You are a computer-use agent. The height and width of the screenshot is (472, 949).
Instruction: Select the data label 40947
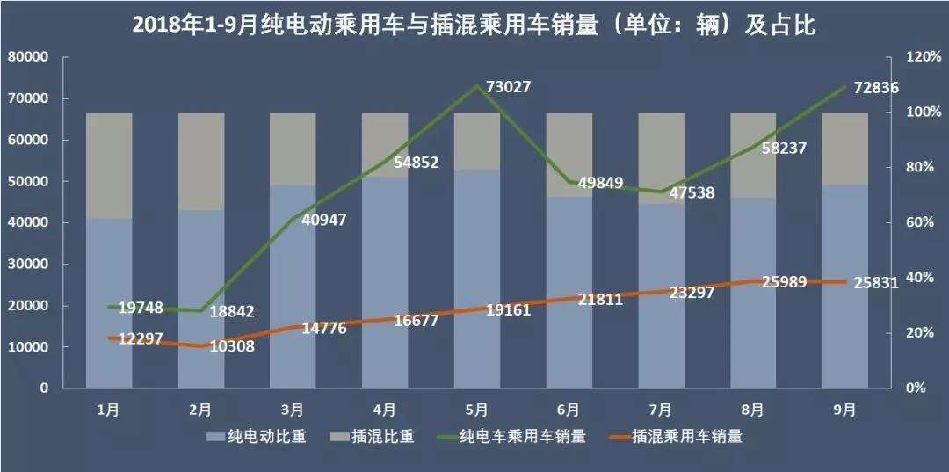click(323, 219)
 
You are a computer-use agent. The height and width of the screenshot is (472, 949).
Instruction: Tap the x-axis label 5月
click(477, 409)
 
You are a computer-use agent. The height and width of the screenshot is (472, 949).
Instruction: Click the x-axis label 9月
click(845, 409)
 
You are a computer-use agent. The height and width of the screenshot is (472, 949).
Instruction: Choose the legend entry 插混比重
click(380, 436)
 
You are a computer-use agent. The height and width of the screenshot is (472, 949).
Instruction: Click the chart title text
click(474, 25)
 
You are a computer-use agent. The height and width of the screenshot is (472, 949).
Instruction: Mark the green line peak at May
click(476, 86)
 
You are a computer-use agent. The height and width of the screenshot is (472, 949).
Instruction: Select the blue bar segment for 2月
click(201, 299)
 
